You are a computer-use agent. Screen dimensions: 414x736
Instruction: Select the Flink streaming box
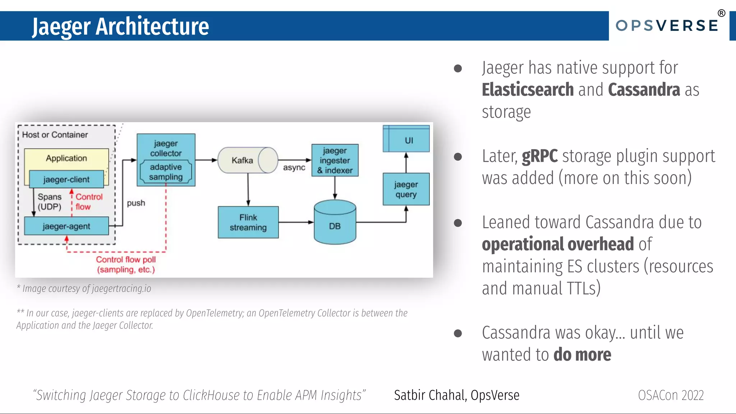tap(248, 222)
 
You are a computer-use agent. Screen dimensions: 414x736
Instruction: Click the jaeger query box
tap(406, 189)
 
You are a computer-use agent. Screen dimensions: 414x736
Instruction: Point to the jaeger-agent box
tap(66, 226)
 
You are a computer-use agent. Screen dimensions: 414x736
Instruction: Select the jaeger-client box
tap(66, 179)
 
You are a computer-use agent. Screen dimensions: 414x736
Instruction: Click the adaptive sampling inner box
tap(166, 172)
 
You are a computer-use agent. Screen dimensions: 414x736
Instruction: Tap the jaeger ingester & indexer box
tap(335, 160)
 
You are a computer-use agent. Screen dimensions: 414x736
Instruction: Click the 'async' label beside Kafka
tap(294, 167)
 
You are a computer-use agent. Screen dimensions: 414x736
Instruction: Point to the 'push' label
tap(136, 203)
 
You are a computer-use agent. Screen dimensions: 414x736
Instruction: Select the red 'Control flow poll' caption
tap(126, 264)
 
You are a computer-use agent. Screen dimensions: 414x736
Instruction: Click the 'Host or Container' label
tap(55, 135)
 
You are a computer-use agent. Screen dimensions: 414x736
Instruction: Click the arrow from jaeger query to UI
tap(406, 162)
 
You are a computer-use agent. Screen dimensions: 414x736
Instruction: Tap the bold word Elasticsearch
tap(528, 90)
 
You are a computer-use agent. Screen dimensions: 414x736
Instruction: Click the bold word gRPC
tap(539, 156)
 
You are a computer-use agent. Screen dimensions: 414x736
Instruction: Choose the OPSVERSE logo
tap(667, 26)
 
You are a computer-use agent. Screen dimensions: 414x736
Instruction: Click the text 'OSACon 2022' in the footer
tap(671, 395)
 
